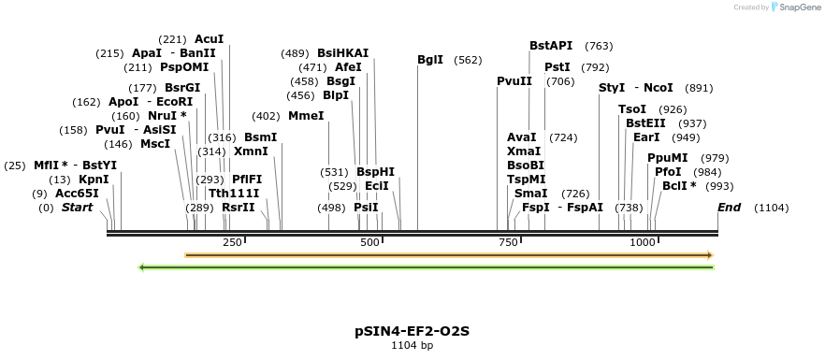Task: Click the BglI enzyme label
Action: tap(430, 60)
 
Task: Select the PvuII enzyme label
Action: tap(514, 81)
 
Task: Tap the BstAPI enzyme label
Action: tap(551, 45)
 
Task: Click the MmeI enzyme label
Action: tap(306, 116)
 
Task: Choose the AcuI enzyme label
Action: tap(210, 39)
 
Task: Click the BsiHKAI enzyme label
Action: tap(343, 53)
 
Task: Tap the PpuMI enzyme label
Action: tap(668, 158)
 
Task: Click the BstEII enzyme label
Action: tap(646, 123)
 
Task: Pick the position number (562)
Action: tap(468, 60)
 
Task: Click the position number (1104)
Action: tap(772, 208)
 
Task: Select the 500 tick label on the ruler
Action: tap(369, 243)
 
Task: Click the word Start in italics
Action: tap(77, 208)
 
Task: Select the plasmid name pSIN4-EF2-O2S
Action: tap(412, 331)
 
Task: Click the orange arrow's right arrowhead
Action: tap(710, 254)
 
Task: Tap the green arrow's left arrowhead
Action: tap(142, 267)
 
